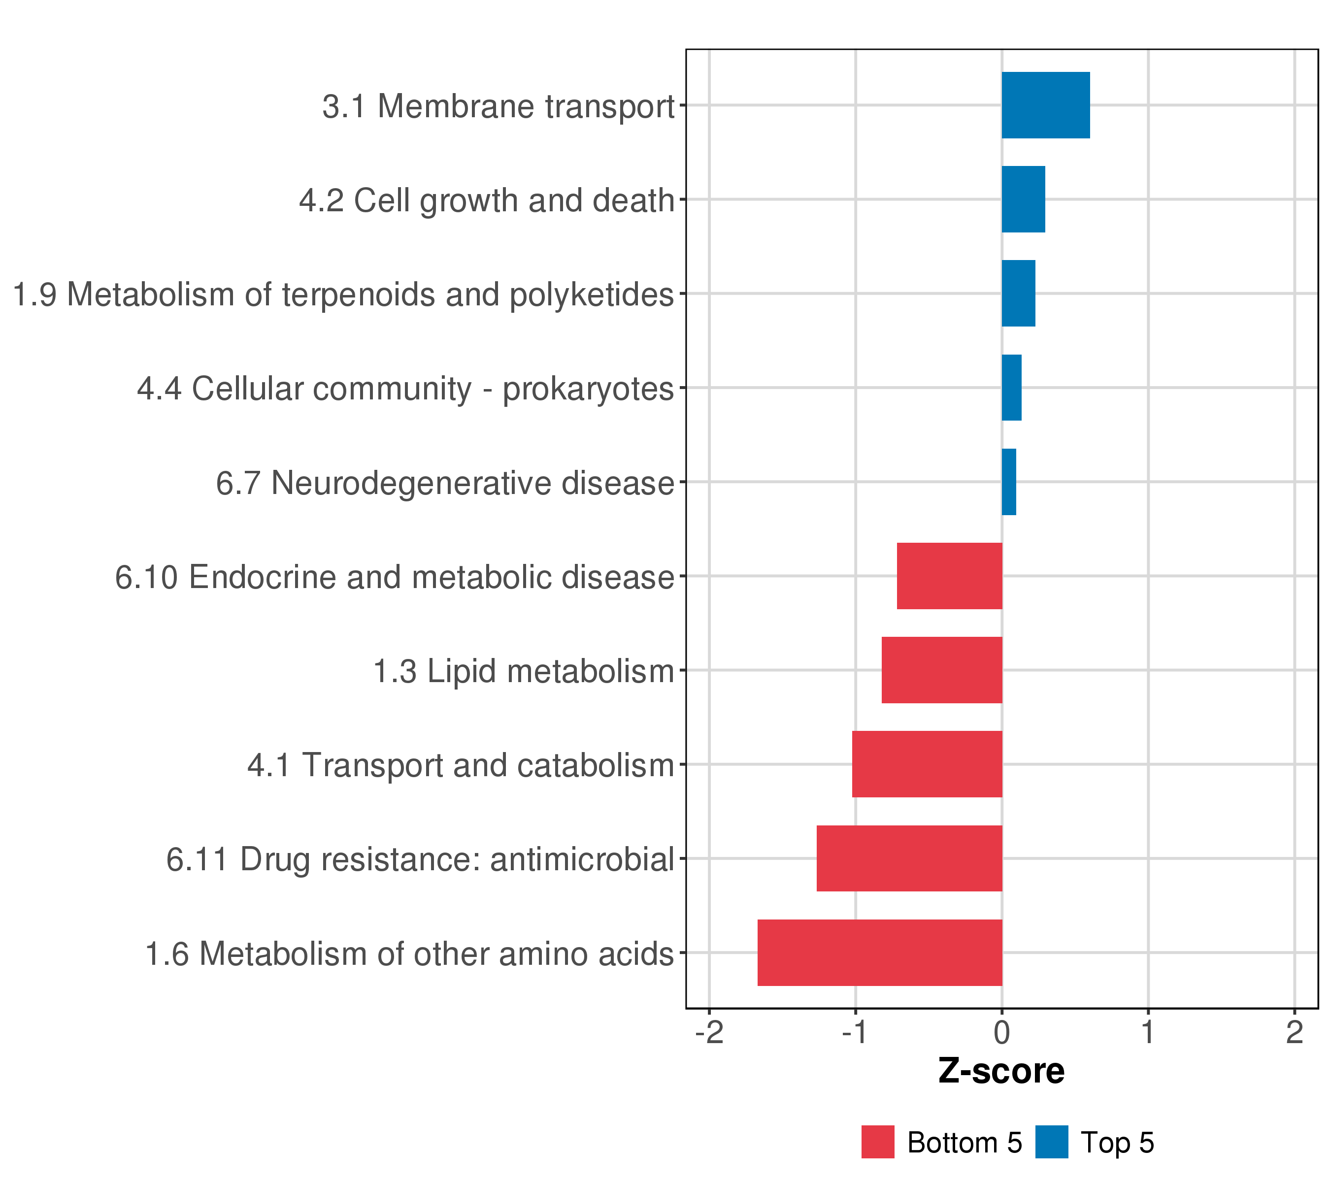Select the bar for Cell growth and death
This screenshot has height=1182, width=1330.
1023,199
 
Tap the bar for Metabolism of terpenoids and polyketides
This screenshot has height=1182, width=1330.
1018,294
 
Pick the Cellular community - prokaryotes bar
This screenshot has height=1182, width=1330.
1011,388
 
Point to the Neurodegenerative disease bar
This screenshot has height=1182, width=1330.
1008,482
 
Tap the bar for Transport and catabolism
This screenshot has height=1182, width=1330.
927,764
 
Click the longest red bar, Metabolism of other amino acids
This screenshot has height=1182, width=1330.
880,953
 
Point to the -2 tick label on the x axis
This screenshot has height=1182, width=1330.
709,1032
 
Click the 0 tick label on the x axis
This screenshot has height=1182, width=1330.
1002,1032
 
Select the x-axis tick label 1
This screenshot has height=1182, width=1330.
1148,1032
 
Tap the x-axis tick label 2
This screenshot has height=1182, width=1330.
1295,1032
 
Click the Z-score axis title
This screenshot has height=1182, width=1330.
1001,1071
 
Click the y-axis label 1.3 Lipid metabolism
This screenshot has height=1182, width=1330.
523,671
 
